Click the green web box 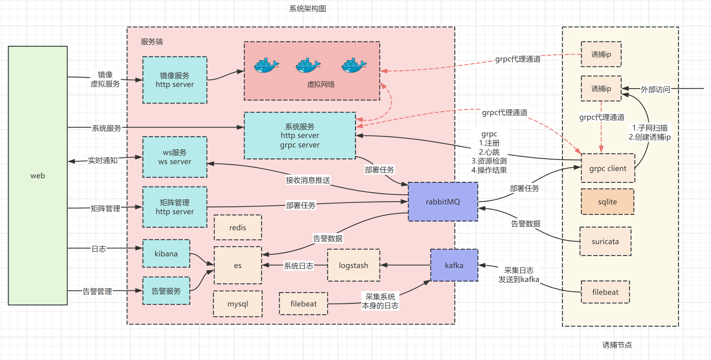(38, 175)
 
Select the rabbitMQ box (443, 202)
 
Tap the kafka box (454, 265)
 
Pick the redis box (238, 227)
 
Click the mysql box (238, 304)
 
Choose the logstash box (353, 265)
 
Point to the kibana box (166, 254)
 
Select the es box (238, 265)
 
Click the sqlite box (607, 202)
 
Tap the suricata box (605, 241)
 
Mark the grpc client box (608, 168)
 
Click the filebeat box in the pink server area (303, 304)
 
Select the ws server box (175, 157)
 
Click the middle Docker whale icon (308, 65)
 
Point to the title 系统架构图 (308, 9)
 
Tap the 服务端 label (152, 42)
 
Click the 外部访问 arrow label (655, 89)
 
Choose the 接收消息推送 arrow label (308, 180)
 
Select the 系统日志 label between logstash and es (298, 266)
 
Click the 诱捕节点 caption (617, 345)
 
